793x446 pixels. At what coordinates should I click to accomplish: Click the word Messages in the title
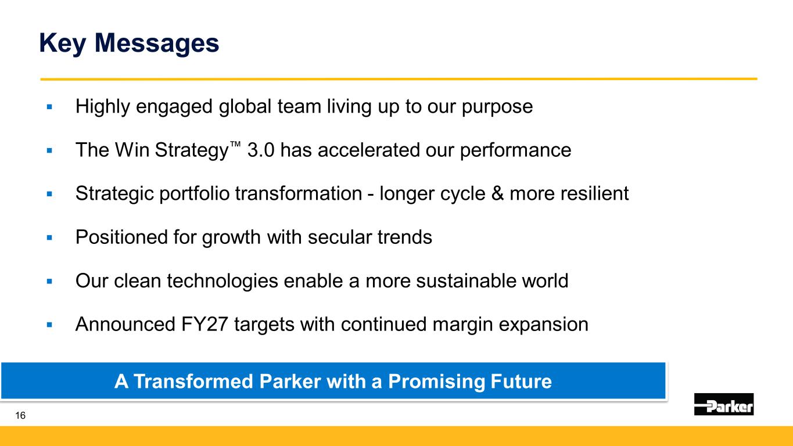[157, 43]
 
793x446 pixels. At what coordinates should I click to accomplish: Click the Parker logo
[724, 404]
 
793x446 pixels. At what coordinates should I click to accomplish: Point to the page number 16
[20, 415]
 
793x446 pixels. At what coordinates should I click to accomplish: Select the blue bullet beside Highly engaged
[49, 106]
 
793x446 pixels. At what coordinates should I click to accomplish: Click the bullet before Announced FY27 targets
[49, 325]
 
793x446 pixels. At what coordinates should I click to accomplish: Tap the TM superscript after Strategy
[235, 143]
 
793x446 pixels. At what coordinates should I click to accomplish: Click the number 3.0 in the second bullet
[260, 150]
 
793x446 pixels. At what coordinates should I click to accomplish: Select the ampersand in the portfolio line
[497, 193]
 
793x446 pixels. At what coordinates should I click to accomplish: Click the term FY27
[204, 324]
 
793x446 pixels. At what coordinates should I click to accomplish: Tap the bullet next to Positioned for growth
[49, 238]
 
